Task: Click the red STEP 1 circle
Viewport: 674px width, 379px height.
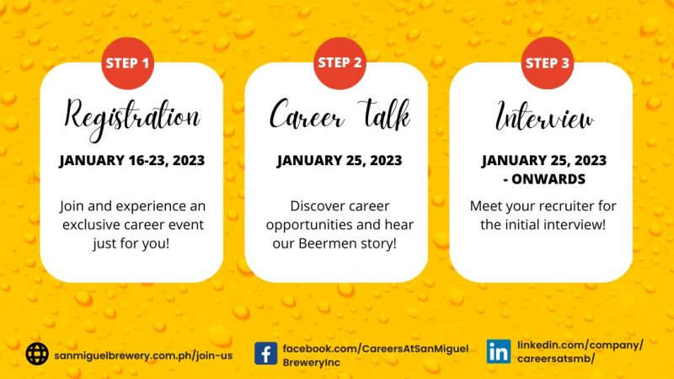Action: [x=128, y=63]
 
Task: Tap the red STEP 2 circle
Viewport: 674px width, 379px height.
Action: [x=340, y=63]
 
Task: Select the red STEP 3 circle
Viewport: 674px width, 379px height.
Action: [x=547, y=63]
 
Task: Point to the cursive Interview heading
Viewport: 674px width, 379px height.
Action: [x=545, y=116]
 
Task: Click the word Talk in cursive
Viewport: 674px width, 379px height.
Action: [x=385, y=115]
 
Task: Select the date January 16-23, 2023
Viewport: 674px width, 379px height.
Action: [x=132, y=161]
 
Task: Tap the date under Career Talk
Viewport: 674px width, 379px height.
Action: [x=340, y=161]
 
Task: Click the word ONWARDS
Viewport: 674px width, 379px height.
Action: [x=548, y=179]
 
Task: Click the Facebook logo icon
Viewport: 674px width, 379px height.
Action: [x=265, y=354]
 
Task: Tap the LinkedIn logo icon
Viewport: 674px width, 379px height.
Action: [x=499, y=351]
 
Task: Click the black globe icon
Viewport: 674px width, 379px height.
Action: [x=37, y=354]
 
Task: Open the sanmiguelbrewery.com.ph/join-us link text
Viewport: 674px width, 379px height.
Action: [x=143, y=355]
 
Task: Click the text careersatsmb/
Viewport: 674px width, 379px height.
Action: [x=556, y=359]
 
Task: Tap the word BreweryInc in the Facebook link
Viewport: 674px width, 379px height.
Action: [x=311, y=363]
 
